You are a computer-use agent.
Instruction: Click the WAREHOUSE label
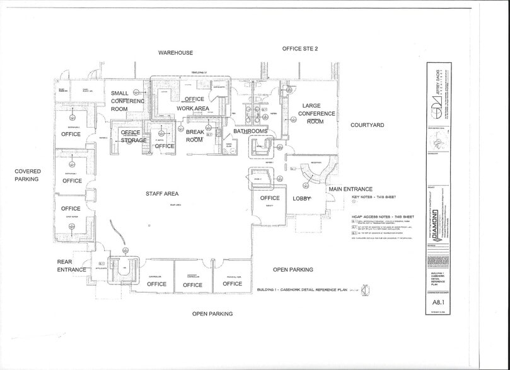[175, 53]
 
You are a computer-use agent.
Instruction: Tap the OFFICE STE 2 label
[300, 48]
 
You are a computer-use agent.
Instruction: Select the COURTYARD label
[367, 125]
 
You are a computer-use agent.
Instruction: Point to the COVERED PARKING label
[28, 175]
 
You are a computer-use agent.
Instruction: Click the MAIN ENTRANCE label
[349, 189]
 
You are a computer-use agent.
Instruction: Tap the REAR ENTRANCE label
[71, 266]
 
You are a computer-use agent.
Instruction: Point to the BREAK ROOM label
[194, 136]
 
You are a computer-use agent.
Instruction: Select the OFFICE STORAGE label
[133, 137]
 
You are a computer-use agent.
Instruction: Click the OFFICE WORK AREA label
[193, 104]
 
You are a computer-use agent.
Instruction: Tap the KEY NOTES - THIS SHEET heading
[375, 197]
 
